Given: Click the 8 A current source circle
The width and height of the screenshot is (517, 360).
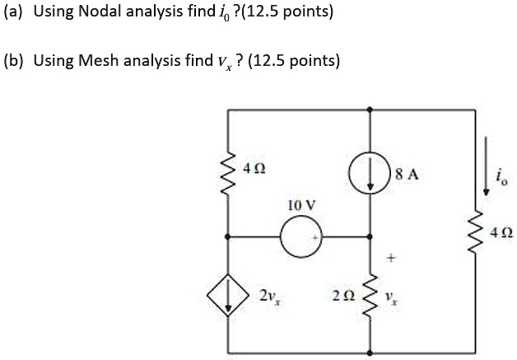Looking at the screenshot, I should [x=369, y=175].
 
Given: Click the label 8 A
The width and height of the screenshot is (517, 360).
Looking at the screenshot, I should [x=408, y=175].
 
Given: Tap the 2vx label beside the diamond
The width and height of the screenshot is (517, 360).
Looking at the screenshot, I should [x=268, y=295].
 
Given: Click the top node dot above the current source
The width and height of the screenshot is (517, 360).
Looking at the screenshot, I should [x=369, y=108].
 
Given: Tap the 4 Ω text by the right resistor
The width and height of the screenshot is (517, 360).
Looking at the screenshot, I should [x=496, y=234].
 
